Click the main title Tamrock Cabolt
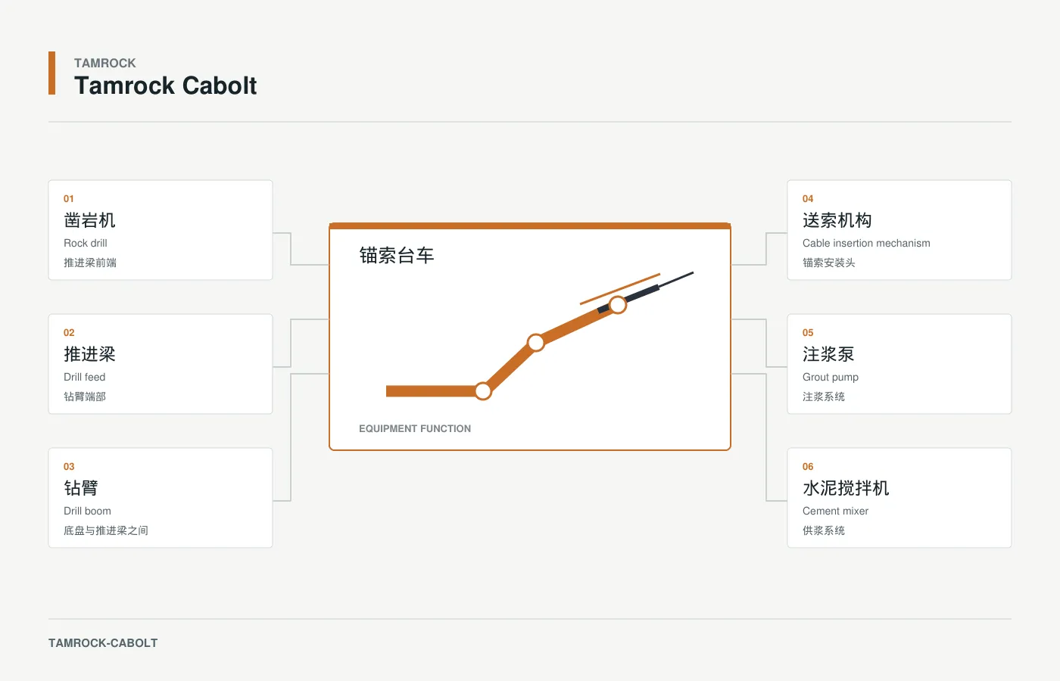point(165,86)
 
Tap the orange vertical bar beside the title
point(52,73)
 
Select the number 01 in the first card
point(69,198)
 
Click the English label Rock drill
point(85,243)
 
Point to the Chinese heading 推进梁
point(89,354)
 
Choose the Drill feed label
point(84,377)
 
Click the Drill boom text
point(87,511)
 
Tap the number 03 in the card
point(69,467)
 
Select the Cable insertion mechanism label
point(866,243)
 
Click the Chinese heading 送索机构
point(837,220)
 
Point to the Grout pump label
point(830,377)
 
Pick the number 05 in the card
point(808,333)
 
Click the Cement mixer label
point(835,511)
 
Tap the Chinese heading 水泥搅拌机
point(846,487)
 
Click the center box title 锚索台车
point(397,256)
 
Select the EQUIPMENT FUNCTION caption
point(415,428)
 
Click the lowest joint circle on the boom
point(483,391)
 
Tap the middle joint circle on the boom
point(536,342)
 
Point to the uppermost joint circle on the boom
point(618,305)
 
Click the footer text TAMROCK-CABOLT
point(103,643)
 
